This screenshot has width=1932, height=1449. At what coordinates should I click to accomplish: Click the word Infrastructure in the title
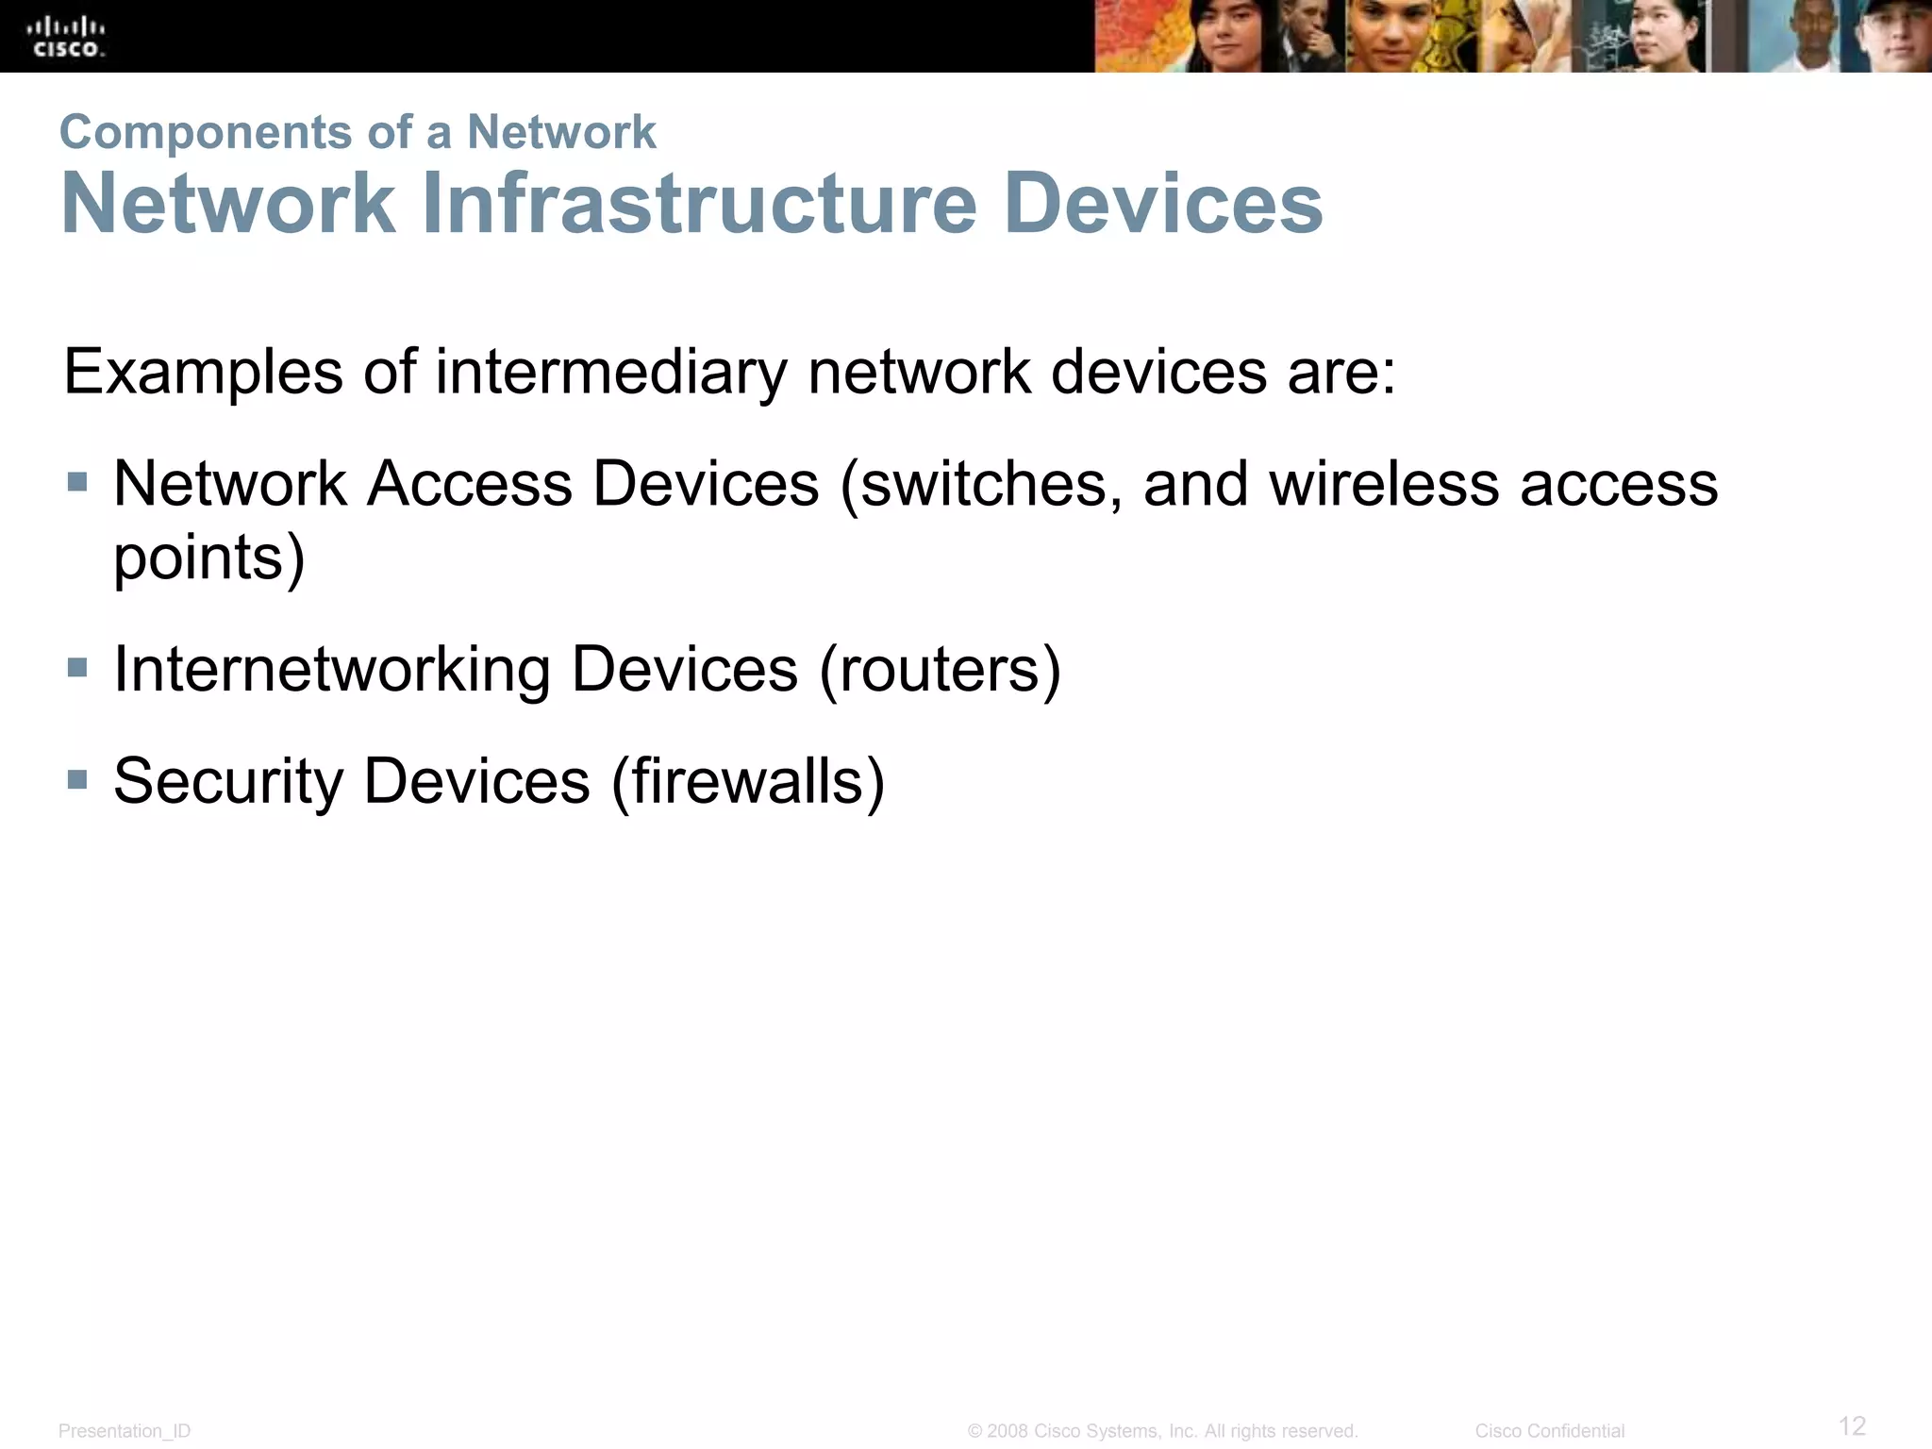tap(699, 204)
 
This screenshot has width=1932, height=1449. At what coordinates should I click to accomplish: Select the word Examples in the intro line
tap(203, 373)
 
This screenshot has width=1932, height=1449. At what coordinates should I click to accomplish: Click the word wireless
tap(1384, 485)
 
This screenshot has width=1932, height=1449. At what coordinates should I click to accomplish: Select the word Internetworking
tap(332, 671)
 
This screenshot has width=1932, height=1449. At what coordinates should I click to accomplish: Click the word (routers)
tap(940, 671)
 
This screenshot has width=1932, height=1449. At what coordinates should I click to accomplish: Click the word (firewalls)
tap(748, 782)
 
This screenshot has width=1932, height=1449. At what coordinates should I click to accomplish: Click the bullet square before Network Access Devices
tap(77, 483)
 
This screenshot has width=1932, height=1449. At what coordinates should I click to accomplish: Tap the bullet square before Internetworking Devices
tap(77, 669)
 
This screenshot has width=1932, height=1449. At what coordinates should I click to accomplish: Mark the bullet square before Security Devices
tap(77, 780)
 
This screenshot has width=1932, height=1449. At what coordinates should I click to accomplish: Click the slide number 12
tap(1852, 1425)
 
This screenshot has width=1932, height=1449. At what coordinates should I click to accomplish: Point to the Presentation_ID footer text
tap(125, 1431)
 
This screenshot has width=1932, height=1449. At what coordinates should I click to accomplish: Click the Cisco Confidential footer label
tap(1549, 1431)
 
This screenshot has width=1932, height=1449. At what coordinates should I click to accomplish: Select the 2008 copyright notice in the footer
tap(1162, 1431)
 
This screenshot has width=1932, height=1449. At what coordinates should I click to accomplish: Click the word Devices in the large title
tap(1163, 204)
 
